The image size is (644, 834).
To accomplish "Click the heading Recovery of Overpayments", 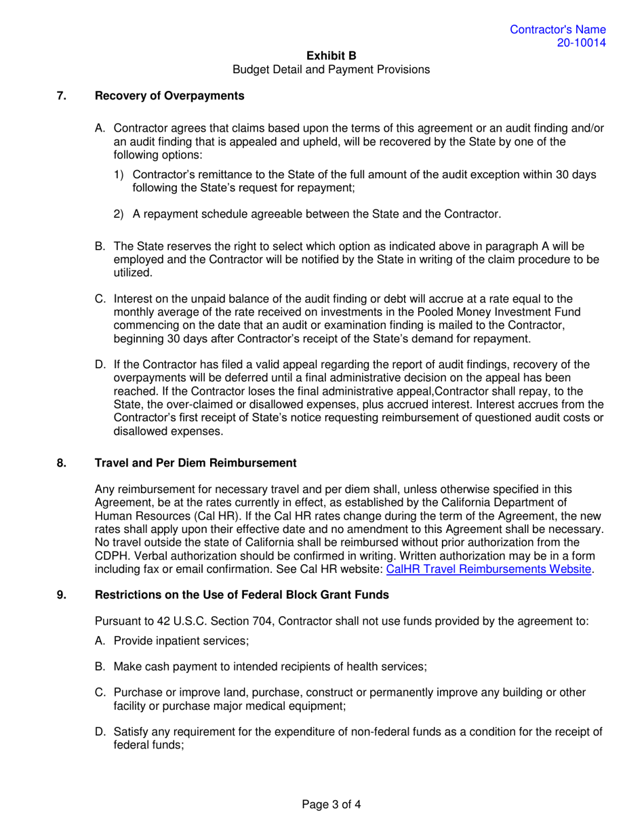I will tap(169, 96).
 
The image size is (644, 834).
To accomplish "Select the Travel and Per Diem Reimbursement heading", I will tap(195, 463).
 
